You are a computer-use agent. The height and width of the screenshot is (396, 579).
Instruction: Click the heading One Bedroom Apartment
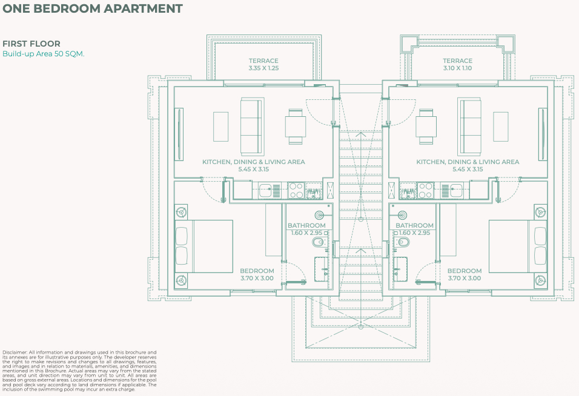(92, 8)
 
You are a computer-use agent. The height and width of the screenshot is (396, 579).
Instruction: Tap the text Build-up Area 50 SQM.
(43, 54)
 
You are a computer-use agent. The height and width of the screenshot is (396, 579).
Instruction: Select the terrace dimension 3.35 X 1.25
(263, 68)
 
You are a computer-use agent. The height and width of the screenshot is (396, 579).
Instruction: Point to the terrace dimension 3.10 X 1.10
(457, 68)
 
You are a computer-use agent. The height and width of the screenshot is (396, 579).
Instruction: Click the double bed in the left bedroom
(204, 246)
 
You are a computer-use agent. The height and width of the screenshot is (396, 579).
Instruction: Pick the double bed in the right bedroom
(518, 246)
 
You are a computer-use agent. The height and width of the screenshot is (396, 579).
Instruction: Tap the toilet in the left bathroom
(319, 242)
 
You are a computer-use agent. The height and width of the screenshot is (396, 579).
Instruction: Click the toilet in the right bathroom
(402, 242)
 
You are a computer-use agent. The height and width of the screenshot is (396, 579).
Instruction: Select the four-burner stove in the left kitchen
(296, 191)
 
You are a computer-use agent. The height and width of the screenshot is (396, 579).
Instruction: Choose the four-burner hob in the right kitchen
(425, 191)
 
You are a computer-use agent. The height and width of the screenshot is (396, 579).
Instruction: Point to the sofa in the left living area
(252, 126)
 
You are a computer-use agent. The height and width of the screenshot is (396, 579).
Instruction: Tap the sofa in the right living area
(469, 126)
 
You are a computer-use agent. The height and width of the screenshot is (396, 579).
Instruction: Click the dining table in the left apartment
(296, 127)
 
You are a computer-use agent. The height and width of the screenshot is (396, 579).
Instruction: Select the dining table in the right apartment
(426, 127)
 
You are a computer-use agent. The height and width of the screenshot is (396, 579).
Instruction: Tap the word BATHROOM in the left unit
(306, 225)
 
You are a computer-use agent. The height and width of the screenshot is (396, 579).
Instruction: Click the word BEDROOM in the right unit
(465, 271)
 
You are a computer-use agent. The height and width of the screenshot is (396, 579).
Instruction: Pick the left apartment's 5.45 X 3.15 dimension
(254, 170)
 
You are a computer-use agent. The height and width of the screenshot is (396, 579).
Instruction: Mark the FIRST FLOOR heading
(31, 44)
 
